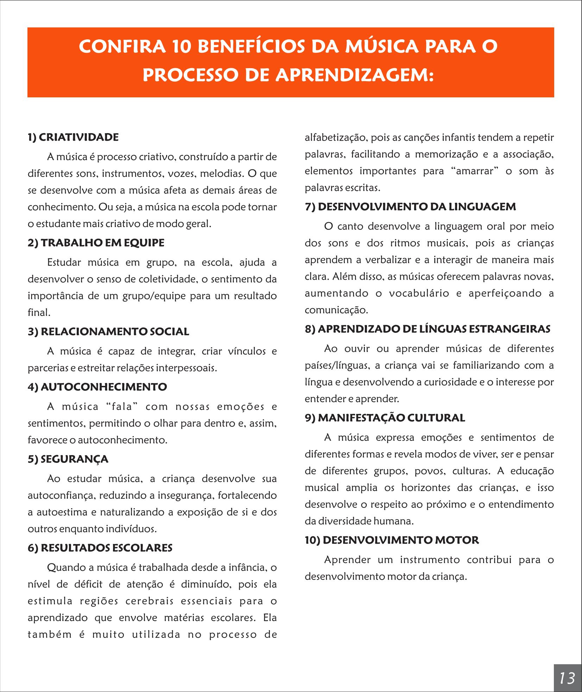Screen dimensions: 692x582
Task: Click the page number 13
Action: tap(567, 678)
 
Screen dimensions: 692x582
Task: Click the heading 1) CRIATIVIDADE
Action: tap(73, 137)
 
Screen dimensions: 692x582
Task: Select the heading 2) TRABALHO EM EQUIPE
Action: tap(96, 243)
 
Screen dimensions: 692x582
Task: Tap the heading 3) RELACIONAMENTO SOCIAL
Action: tap(108, 331)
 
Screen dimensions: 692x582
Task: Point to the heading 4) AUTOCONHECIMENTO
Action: tap(97, 387)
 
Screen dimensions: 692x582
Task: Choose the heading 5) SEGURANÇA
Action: tap(68, 459)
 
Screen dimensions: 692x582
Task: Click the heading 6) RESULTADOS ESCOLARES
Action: tap(100, 548)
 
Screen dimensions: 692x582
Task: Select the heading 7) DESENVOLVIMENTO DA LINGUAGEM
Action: tap(410, 207)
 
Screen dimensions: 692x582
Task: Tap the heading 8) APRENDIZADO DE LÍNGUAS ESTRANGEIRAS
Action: tap(428, 329)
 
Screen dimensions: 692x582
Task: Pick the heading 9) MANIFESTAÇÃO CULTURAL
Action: tap(385, 418)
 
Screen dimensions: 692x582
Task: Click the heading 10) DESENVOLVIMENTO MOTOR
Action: tap(392, 540)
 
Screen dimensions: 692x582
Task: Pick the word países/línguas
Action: tap(337, 366)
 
